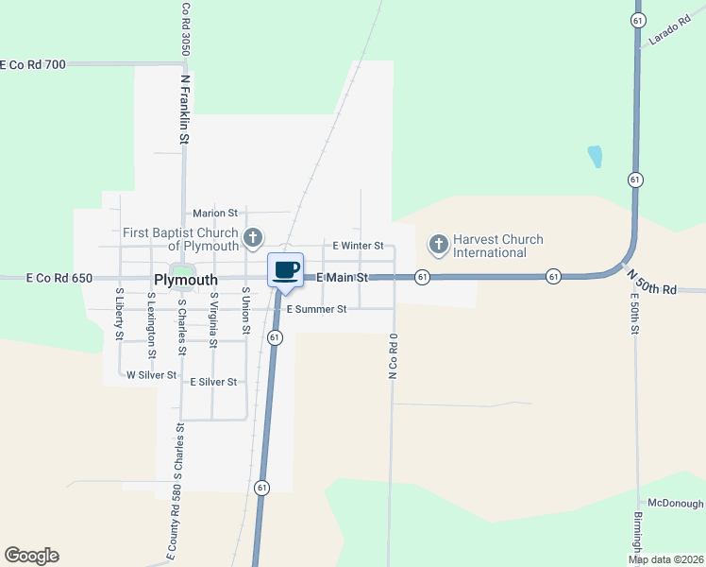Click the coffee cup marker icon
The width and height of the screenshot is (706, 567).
(285, 270)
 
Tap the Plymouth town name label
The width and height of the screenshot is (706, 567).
(185, 280)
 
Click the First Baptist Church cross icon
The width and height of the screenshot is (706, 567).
(252, 237)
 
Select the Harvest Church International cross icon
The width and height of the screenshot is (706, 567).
(438, 245)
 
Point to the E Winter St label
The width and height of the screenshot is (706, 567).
(358, 246)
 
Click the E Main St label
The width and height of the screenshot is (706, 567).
(342, 277)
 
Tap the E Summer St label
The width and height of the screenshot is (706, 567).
(316, 309)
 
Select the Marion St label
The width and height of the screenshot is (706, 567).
(213, 214)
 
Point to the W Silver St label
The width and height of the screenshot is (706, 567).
(151, 375)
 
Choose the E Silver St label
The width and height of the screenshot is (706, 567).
(213, 383)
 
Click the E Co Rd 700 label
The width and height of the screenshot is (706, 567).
(33, 64)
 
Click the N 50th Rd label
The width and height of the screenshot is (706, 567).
(652, 282)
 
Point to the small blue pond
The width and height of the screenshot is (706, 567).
(595, 156)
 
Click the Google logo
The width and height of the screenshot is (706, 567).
(31, 556)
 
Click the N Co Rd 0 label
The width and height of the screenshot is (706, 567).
(392, 355)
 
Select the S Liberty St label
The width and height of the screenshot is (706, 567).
(120, 315)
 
